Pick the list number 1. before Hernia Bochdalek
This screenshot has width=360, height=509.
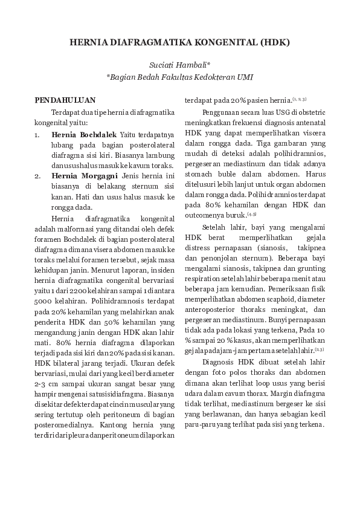click(37, 133)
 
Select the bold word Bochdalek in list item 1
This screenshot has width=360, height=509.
click(97, 133)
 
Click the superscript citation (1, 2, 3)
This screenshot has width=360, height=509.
click(300, 99)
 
